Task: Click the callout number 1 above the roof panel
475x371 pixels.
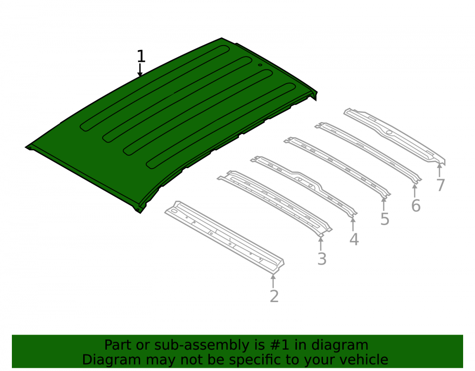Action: (x=141, y=57)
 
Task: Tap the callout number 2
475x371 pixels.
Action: (x=274, y=296)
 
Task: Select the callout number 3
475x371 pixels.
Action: (x=322, y=259)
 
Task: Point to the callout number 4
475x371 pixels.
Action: (x=354, y=239)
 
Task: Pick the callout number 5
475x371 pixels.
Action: (x=385, y=219)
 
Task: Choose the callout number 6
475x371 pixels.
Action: (x=416, y=206)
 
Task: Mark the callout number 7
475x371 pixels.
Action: (x=441, y=185)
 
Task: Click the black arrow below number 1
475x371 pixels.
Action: (x=140, y=70)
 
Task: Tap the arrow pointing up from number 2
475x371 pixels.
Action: (x=273, y=281)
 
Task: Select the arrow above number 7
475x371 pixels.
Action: (x=439, y=170)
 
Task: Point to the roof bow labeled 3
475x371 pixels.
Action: (x=274, y=203)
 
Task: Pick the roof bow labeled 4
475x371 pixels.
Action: (x=304, y=186)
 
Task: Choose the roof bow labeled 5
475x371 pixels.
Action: (x=337, y=168)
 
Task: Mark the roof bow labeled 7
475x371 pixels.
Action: (x=394, y=136)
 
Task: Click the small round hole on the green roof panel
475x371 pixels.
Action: (x=260, y=65)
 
